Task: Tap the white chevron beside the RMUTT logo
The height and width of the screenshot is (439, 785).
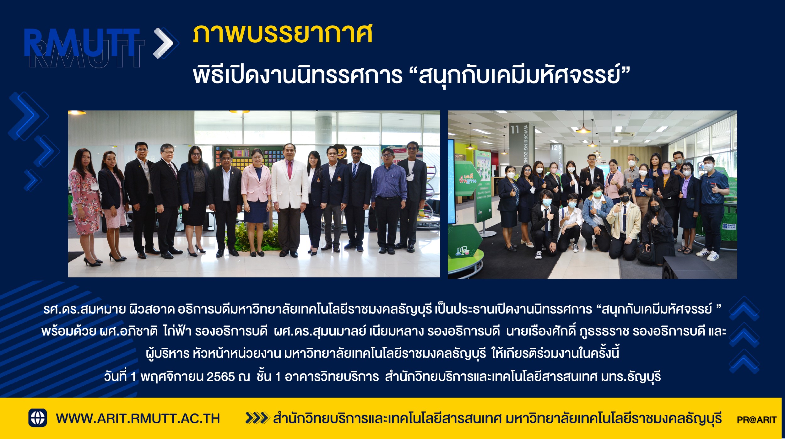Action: (x=164, y=43)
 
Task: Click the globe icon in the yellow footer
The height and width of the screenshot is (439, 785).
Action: (x=38, y=418)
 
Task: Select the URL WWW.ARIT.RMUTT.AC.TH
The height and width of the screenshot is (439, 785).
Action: (x=138, y=419)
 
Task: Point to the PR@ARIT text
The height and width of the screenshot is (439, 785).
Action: (x=756, y=420)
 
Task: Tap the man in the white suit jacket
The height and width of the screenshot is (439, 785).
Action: (x=290, y=199)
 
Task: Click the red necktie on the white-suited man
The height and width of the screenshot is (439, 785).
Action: (x=290, y=170)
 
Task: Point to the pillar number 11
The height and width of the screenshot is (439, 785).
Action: (x=515, y=130)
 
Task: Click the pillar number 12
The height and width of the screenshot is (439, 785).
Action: (x=554, y=147)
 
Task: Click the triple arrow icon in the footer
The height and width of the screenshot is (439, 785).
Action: (x=257, y=418)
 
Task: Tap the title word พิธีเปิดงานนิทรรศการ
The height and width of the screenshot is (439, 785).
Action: (x=297, y=75)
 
